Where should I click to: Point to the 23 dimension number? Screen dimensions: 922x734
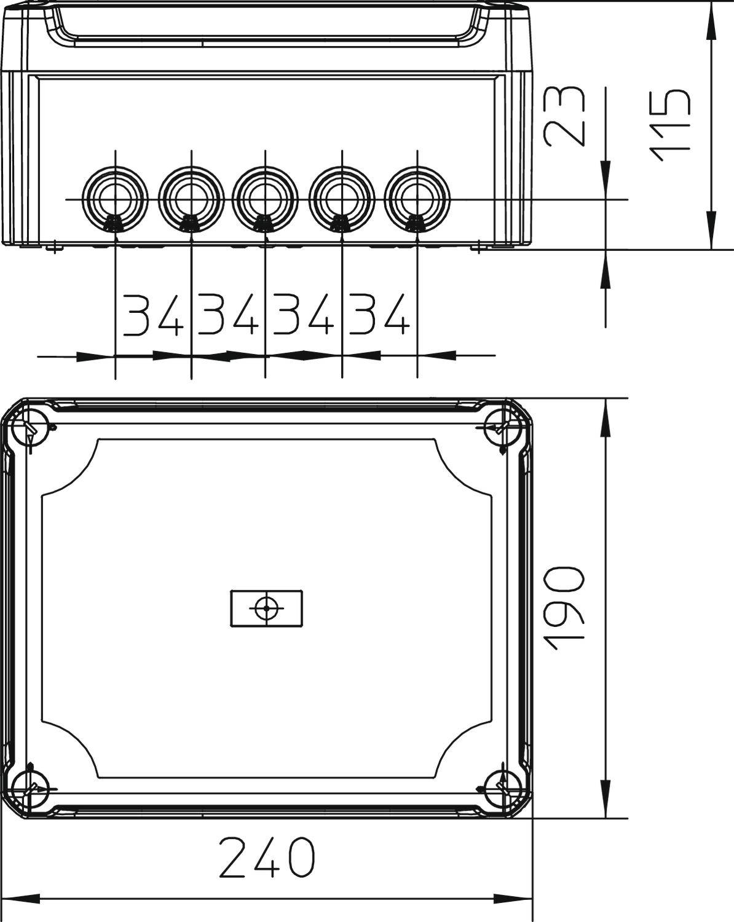pyautogui.click(x=564, y=116)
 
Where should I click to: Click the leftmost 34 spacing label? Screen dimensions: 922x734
pyautogui.click(x=153, y=315)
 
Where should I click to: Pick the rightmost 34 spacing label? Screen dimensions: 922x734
pyautogui.click(x=379, y=315)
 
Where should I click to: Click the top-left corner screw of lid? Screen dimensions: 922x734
pyautogui.click(x=31, y=427)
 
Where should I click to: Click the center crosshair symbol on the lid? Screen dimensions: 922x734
pyautogui.click(x=266, y=609)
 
